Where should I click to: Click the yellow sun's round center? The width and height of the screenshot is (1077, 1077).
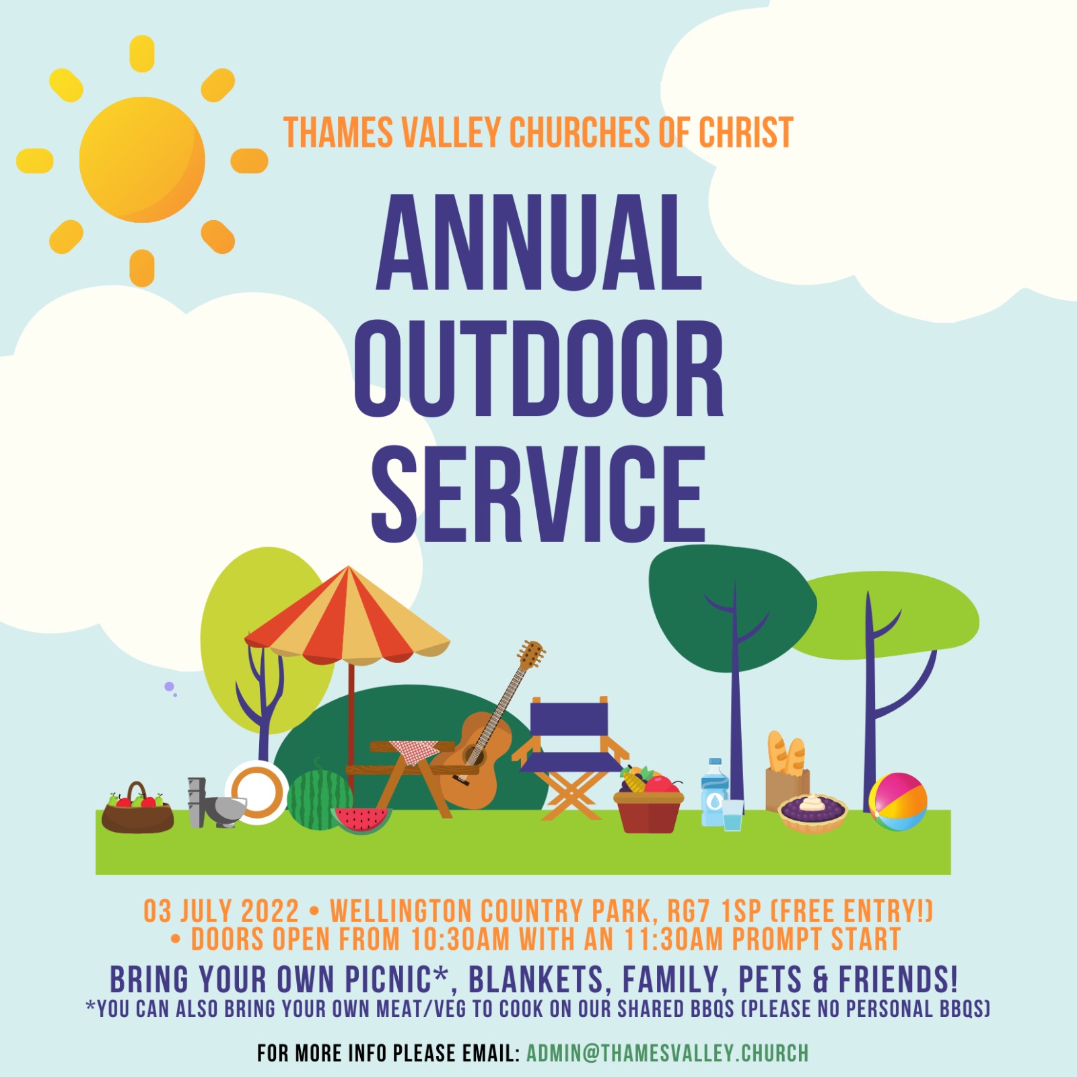click(x=142, y=160)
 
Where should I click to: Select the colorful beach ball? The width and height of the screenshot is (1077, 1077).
click(x=897, y=802)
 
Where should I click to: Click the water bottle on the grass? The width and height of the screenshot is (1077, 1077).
click(x=714, y=792)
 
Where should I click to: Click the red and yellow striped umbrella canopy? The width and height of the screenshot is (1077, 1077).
click(x=347, y=615)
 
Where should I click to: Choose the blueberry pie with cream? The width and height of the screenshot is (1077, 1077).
click(x=812, y=812)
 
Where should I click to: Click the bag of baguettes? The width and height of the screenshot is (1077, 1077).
click(x=787, y=770)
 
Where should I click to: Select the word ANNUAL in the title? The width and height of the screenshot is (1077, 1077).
click(x=538, y=242)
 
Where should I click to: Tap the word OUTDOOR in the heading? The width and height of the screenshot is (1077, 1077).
click(x=538, y=368)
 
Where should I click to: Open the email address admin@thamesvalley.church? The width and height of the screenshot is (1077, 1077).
click(x=667, y=1053)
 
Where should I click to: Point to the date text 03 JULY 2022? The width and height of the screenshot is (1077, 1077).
click(x=221, y=911)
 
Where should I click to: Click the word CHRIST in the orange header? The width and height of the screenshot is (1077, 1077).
click(x=746, y=133)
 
